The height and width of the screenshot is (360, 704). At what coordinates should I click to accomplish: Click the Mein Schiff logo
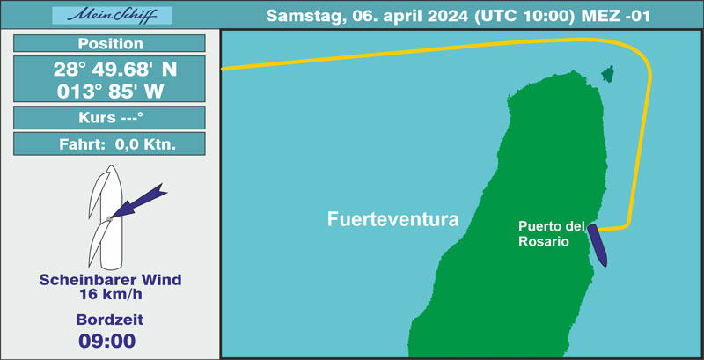click(113, 15)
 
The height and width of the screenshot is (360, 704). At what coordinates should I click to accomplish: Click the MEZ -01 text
click(615, 16)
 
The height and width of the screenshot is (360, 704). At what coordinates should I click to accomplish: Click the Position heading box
click(109, 43)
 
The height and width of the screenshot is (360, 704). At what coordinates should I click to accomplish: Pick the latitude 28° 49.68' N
click(115, 70)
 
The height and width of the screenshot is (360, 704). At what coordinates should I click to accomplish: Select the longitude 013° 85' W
click(110, 92)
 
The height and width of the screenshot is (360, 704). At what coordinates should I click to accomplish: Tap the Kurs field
click(109, 118)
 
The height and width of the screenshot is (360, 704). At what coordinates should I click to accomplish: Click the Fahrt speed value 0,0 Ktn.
click(145, 144)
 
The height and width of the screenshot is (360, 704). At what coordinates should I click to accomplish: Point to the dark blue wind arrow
click(137, 201)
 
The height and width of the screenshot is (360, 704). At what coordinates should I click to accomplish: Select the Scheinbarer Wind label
click(110, 280)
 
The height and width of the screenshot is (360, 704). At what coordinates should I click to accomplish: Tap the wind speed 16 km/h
click(111, 295)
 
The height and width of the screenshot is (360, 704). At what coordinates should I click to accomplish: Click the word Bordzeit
click(109, 320)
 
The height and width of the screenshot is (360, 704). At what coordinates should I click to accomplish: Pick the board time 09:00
click(106, 342)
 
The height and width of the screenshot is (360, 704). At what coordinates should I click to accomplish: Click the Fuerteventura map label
click(392, 219)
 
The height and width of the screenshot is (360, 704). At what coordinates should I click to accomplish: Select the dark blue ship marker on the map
click(598, 246)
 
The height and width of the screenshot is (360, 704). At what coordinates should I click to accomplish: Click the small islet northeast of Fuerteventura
click(608, 74)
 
